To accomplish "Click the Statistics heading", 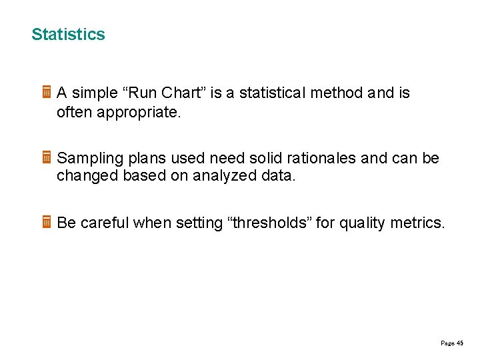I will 68,35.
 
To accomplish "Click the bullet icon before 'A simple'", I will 47,93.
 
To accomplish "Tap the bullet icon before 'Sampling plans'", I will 47,158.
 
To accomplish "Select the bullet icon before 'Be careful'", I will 47,223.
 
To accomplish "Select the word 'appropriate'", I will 138,113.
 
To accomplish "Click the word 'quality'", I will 362,223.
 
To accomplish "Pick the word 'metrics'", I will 417,223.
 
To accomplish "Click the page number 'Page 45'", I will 452,343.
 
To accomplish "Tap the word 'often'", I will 75,113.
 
